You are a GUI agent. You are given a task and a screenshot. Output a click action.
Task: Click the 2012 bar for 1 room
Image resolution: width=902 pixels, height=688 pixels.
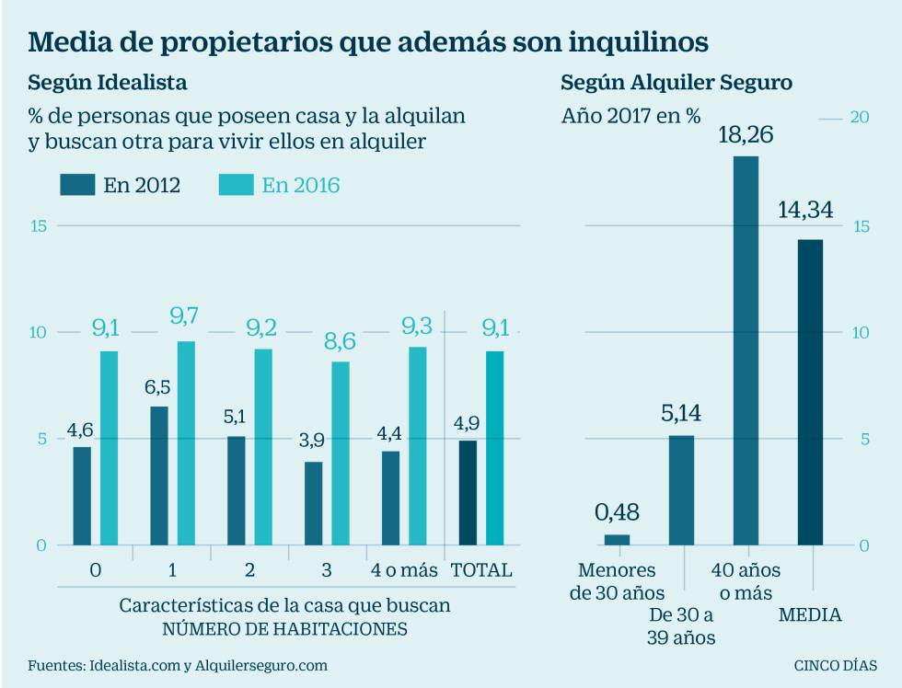pos(159,476)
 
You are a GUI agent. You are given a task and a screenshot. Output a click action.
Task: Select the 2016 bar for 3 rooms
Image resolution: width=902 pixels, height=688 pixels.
pos(341,453)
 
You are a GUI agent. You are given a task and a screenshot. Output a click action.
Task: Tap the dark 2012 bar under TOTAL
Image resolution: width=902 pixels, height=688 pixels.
pos(468,492)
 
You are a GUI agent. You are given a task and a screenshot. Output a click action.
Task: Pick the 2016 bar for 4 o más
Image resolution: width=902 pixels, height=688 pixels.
pos(418,445)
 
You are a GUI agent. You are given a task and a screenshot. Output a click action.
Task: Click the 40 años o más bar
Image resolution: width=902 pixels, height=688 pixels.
pos(746,350)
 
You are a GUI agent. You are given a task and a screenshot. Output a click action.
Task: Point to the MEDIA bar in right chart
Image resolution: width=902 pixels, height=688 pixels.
pos(810,392)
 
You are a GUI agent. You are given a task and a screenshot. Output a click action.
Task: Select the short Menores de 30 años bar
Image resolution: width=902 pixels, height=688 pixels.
pos(617,540)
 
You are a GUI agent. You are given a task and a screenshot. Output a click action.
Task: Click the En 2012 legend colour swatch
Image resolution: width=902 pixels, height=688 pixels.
pos(76,185)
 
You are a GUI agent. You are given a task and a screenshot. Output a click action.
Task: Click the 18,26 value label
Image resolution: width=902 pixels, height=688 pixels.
pos(746,135)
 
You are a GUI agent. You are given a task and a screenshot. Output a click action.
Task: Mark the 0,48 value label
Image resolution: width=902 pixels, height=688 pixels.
pos(617,512)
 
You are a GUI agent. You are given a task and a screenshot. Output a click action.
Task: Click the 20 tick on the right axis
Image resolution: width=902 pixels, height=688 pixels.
pos(861,117)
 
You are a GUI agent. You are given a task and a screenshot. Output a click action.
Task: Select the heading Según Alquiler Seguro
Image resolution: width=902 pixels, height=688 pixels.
pos(676,83)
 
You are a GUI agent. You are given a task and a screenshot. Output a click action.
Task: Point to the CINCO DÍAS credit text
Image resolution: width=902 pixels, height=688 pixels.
pos(836,664)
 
